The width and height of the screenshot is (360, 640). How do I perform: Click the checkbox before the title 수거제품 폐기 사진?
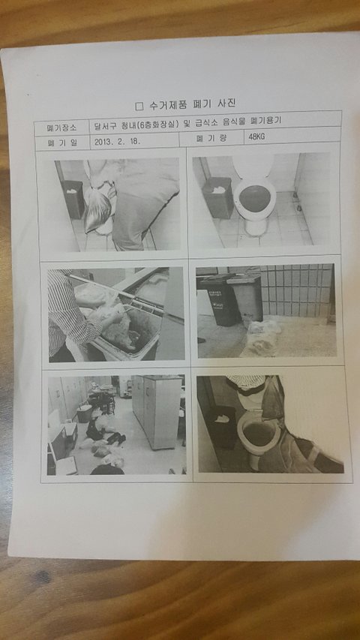pos(139,107)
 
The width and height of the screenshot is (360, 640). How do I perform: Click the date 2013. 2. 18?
pos(118,142)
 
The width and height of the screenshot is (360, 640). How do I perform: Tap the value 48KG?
pos(256,137)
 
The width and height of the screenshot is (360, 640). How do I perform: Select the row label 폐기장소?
pos(61,128)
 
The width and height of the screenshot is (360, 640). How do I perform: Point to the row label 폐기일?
pos(61,143)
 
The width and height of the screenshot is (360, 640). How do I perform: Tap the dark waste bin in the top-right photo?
pos(217,197)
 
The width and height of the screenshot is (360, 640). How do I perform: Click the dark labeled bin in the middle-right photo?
pos(218,300)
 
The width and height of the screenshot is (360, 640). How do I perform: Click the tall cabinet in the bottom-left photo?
pos(157,410)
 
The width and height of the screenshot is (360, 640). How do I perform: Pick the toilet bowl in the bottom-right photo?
pos(258,434)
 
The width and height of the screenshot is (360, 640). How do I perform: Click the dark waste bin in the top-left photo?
pos(74,199)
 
